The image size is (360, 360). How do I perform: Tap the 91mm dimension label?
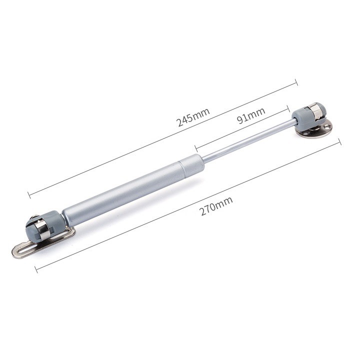[251, 115]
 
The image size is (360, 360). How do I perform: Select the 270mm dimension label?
[216, 206]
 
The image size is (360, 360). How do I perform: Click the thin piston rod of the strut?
[248, 141]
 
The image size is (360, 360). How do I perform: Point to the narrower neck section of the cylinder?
[191, 164]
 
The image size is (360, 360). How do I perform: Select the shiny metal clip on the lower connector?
[42, 229]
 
